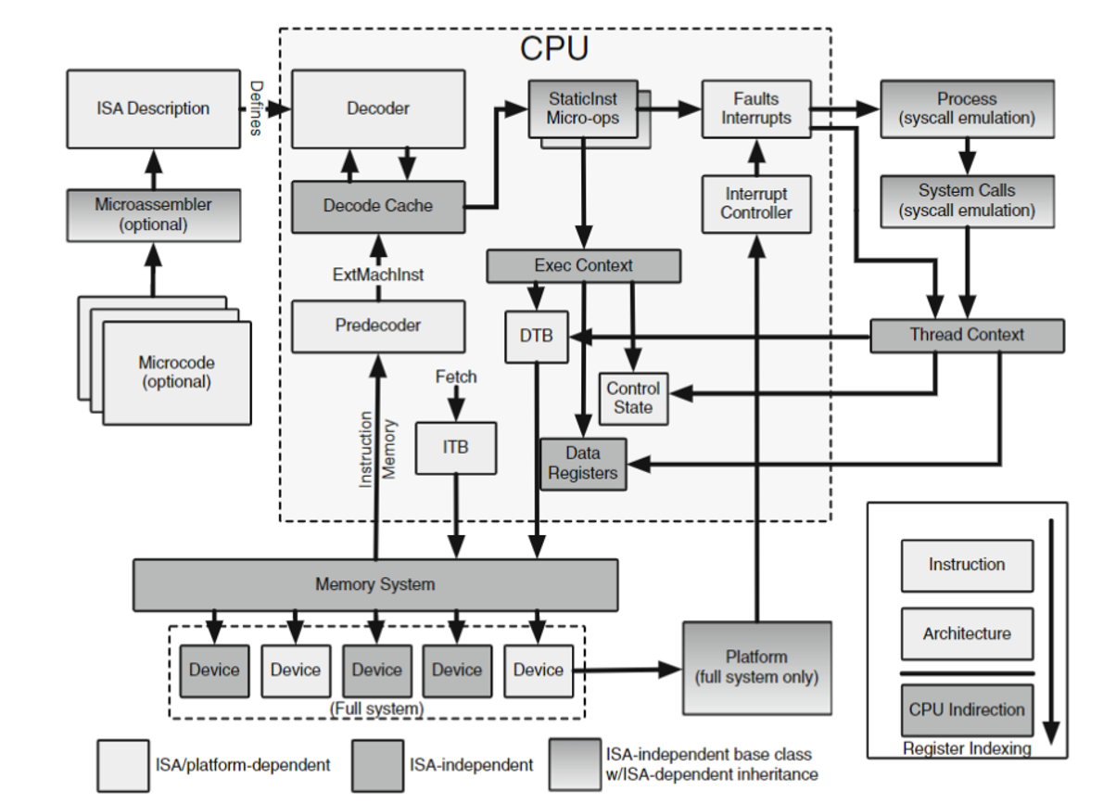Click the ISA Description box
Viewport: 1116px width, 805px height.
click(153, 109)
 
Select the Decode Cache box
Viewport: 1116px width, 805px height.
click(378, 206)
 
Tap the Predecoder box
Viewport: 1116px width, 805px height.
click(378, 326)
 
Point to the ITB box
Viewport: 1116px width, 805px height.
click(456, 447)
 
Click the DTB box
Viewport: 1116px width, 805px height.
click(536, 336)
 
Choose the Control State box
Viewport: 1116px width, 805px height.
click(634, 398)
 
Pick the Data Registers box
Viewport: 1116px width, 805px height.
click(583, 464)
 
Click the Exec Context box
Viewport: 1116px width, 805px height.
click(583, 266)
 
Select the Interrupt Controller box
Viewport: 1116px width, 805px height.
click(756, 204)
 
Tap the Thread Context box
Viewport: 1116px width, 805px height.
click(967, 335)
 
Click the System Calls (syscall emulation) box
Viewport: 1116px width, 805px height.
click(967, 200)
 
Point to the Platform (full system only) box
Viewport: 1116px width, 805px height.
click(756, 668)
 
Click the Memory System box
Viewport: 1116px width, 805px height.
click(375, 585)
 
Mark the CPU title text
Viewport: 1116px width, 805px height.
click(554, 47)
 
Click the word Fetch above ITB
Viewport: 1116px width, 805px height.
click(456, 377)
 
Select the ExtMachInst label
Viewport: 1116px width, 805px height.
click(378, 275)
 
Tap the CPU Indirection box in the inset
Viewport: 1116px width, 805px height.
click(967, 710)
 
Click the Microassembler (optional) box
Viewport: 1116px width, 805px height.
click(153, 215)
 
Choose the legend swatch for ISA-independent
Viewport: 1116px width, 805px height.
click(377, 765)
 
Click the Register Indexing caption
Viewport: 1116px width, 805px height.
click(967, 748)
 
